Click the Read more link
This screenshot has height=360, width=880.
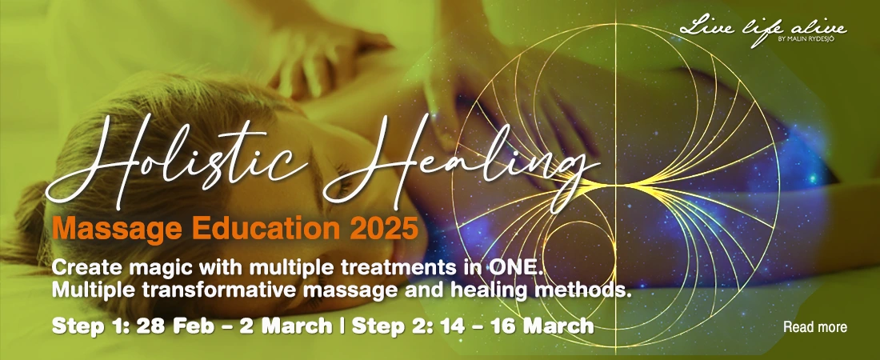pos(815,327)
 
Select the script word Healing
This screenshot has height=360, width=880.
pos(460,163)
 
